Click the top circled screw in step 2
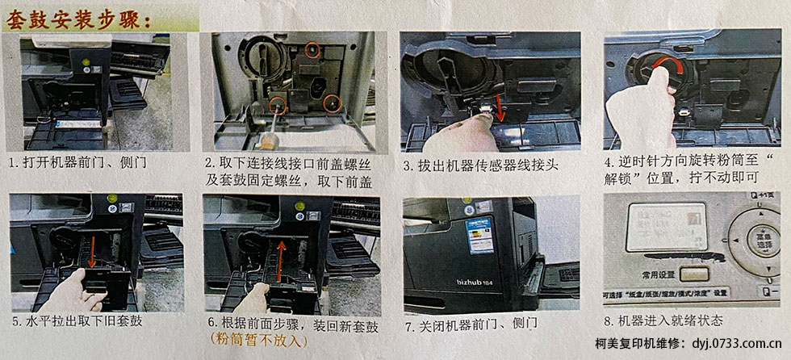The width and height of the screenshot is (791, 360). pos(314,50)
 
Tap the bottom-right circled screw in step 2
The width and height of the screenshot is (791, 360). pos(329,103)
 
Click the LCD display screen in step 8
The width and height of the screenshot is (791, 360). pos(667,227)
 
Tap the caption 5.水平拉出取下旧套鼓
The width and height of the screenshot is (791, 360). pos(77,321)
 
